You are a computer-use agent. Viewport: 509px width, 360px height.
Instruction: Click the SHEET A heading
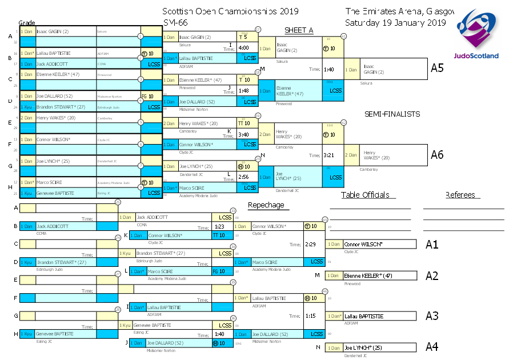pos(299,30)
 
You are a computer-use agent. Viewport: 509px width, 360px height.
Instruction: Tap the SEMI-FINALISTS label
pos(392,114)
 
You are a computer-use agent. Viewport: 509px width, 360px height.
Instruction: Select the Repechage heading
pos(266,205)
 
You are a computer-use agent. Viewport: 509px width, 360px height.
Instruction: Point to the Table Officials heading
pos(365,195)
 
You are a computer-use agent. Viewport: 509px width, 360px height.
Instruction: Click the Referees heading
pos(460,195)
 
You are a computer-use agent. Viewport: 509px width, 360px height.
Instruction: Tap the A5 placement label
pos(437,68)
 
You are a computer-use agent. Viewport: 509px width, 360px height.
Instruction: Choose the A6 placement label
pos(437,154)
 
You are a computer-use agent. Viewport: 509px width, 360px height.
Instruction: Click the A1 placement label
pos(432,245)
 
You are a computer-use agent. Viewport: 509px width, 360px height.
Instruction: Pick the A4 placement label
pos(432,347)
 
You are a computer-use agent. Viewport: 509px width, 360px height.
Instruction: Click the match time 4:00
pos(243,48)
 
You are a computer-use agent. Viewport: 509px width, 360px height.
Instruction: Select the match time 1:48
pos(243,90)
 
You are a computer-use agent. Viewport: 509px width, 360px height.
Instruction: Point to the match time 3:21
pos(328,155)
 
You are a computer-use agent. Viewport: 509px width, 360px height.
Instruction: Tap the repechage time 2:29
pos(311,244)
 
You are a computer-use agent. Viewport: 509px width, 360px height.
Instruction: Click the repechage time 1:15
pos(311,315)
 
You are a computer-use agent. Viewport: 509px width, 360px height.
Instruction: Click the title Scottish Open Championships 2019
pos(230,11)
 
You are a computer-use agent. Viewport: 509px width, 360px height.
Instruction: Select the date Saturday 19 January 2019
pos(395,23)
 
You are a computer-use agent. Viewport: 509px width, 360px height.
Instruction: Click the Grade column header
pos(27,22)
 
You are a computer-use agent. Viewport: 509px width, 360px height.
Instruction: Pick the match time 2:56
pos(243,177)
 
